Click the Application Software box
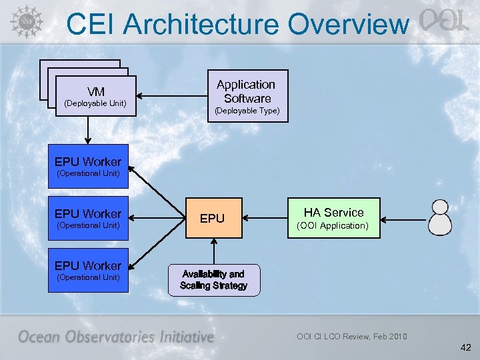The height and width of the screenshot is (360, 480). (246, 96)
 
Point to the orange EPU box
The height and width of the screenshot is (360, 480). (213, 218)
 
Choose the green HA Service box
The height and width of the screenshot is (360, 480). (334, 218)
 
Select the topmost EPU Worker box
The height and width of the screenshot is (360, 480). (88, 167)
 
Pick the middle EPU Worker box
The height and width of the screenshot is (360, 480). (88, 219)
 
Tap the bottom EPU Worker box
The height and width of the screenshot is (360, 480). (88, 271)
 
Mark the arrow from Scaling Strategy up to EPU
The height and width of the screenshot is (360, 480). (213, 251)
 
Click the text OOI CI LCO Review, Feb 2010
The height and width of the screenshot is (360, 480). (351, 336)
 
